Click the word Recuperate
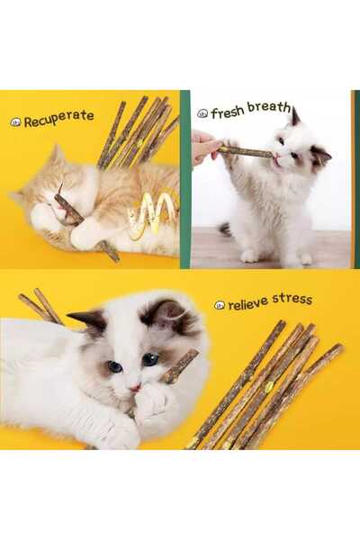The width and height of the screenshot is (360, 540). (x=59, y=118)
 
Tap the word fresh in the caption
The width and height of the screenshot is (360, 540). (x=227, y=112)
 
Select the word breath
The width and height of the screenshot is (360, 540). (x=269, y=107)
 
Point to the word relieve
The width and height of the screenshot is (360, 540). (x=247, y=303)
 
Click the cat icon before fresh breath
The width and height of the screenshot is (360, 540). (x=202, y=113)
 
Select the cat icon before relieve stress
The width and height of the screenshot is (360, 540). (x=220, y=305)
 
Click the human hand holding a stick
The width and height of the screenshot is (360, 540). (x=204, y=146)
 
